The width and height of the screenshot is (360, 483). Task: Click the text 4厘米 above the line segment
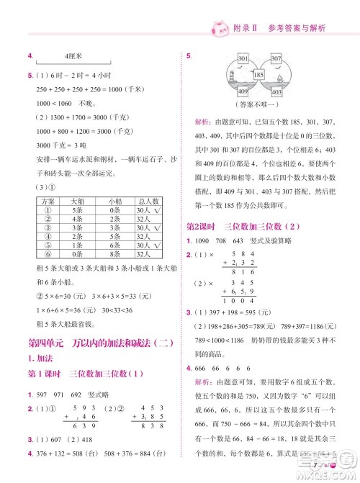coord(75,55)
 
